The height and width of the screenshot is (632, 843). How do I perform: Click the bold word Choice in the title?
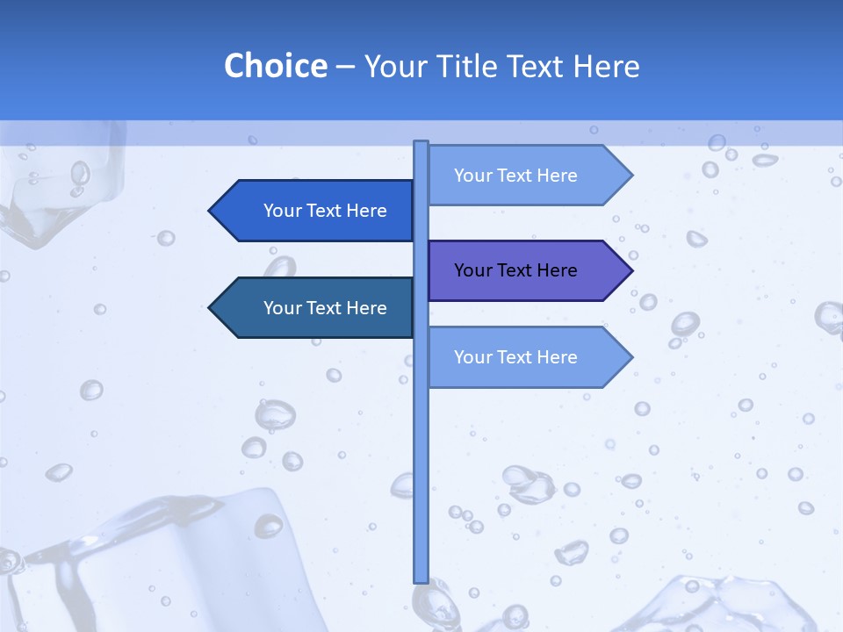coord(275,66)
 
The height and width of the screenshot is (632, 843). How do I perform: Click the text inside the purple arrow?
coord(515,270)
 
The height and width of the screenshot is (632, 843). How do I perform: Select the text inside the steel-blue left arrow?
coord(325,308)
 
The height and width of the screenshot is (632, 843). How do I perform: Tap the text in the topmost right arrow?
coord(515,176)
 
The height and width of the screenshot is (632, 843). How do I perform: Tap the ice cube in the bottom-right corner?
coord(729,606)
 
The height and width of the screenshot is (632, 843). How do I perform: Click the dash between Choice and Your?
coord(345,67)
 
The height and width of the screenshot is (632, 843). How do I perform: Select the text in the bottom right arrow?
coord(515,357)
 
